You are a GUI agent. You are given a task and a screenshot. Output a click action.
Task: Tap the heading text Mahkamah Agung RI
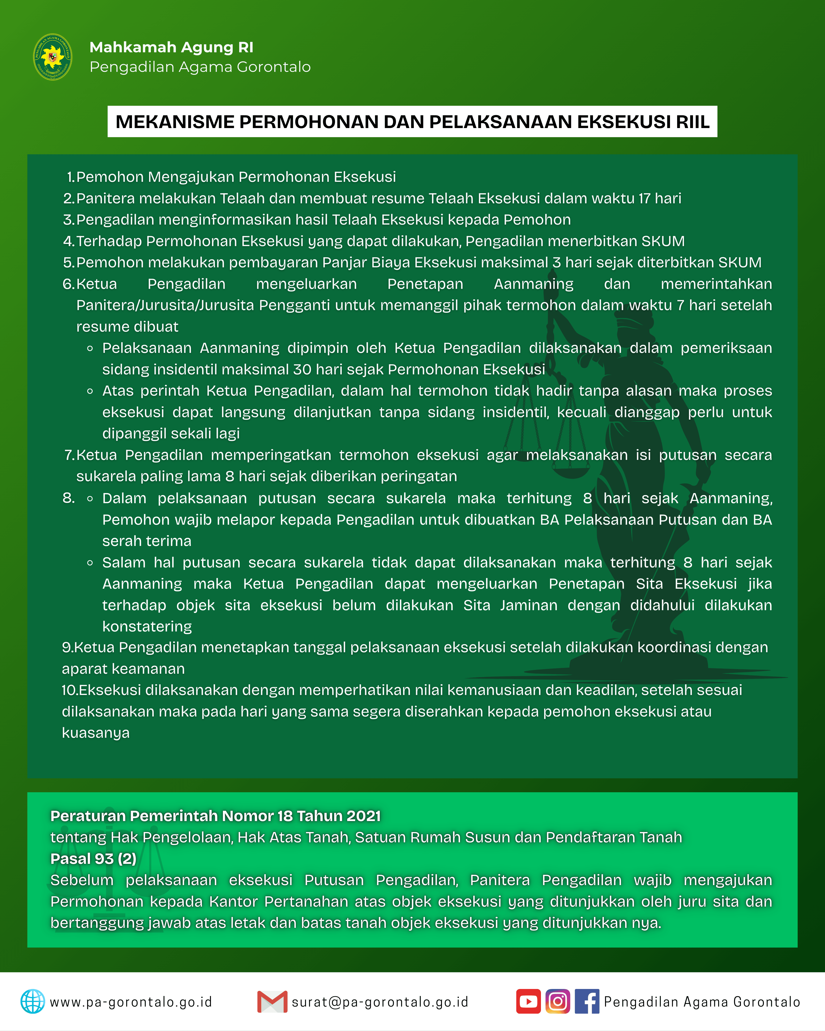point(171,47)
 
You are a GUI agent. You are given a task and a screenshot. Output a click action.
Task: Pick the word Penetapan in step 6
point(425,284)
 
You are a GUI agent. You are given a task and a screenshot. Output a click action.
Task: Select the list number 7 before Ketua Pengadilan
point(69,455)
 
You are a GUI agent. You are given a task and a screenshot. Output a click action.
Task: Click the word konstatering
point(147,626)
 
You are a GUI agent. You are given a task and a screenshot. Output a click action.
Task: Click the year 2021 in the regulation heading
point(363,816)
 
